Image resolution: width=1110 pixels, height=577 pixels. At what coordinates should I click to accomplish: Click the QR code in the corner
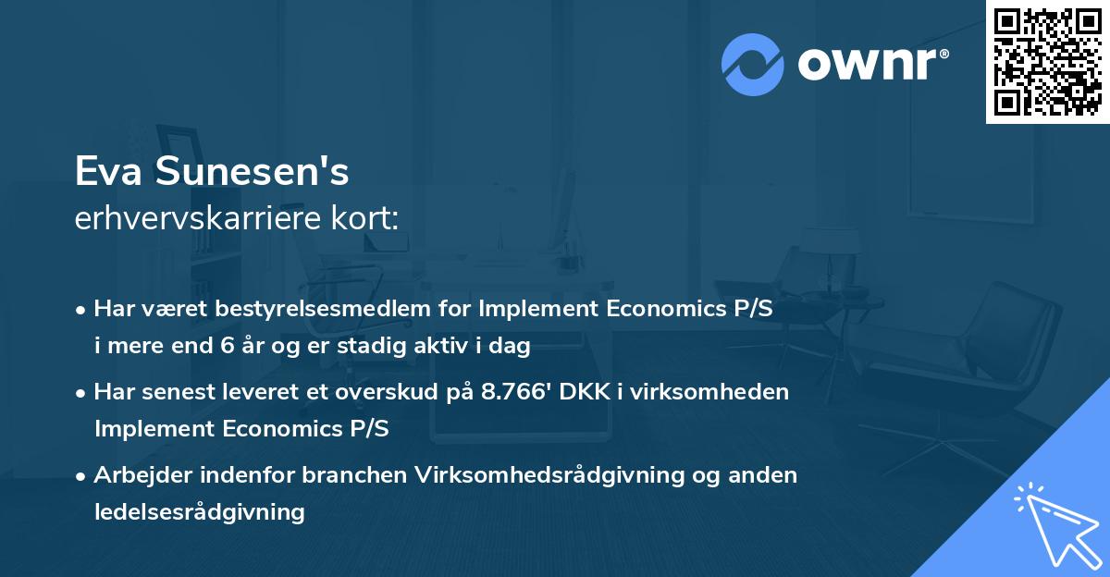click(1046, 62)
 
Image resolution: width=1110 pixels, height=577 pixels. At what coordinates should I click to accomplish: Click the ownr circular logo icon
click(753, 64)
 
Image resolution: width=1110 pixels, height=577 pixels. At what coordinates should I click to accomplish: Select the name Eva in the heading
click(109, 171)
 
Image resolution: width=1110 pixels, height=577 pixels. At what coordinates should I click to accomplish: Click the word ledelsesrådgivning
click(200, 511)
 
